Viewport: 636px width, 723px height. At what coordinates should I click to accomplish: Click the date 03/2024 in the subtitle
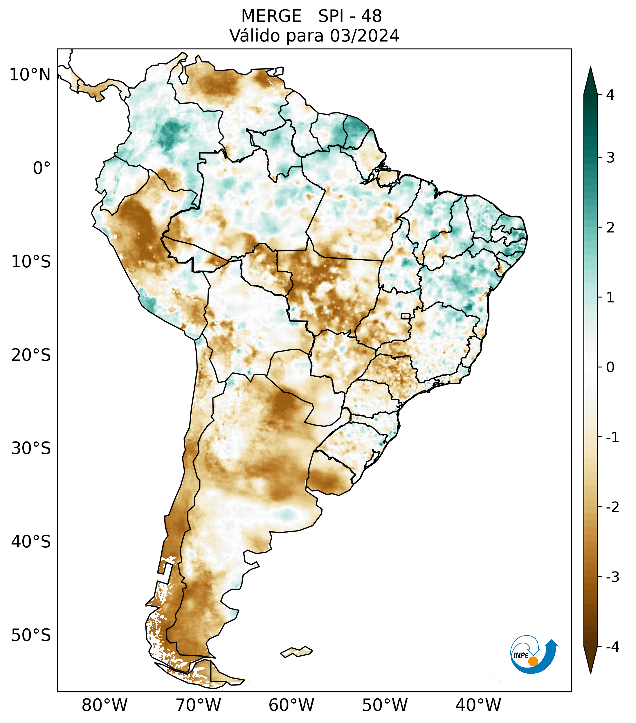(364, 36)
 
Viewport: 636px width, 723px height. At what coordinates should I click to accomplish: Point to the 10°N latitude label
(30, 75)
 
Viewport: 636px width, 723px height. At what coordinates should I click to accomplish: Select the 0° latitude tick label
(42, 168)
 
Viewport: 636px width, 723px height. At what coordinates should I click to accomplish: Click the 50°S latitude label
(31, 636)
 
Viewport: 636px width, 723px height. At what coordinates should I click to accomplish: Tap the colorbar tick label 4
(610, 95)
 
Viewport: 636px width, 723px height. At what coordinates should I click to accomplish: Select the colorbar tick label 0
(610, 367)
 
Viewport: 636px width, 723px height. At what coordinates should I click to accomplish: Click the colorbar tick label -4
(612, 647)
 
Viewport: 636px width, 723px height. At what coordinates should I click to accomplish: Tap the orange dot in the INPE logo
(533, 661)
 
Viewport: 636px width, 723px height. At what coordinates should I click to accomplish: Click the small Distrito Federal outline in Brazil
(406, 316)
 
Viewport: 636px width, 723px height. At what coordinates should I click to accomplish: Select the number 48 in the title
(372, 16)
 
